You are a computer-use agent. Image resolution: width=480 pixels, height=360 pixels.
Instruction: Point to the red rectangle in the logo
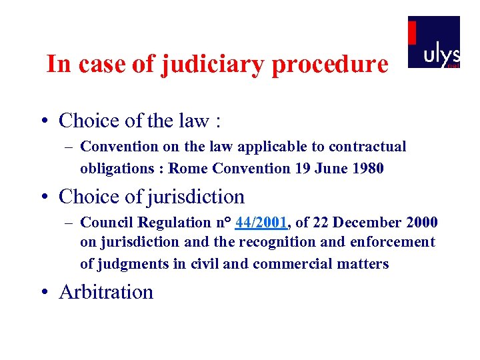pos(412,32)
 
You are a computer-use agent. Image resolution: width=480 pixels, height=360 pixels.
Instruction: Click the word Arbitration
pos(106,292)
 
